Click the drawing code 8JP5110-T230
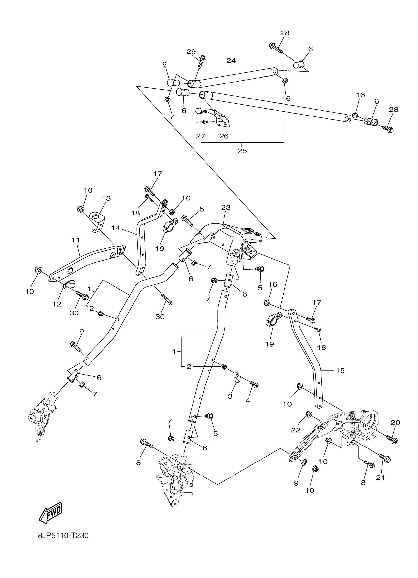(x=63, y=543)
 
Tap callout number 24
(x=231, y=61)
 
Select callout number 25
(x=242, y=151)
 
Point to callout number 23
(x=226, y=207)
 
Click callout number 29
(x=191, y=52)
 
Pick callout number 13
(x=106, y=198)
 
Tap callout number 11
(x=76, y=240)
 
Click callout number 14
(x=116, y=228)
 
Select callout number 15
(x=340, y=370)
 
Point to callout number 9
(x=296, y=483)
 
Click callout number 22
(x=296, y=430)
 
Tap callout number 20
(x=395, y=423)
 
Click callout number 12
(x=57, y=304)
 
